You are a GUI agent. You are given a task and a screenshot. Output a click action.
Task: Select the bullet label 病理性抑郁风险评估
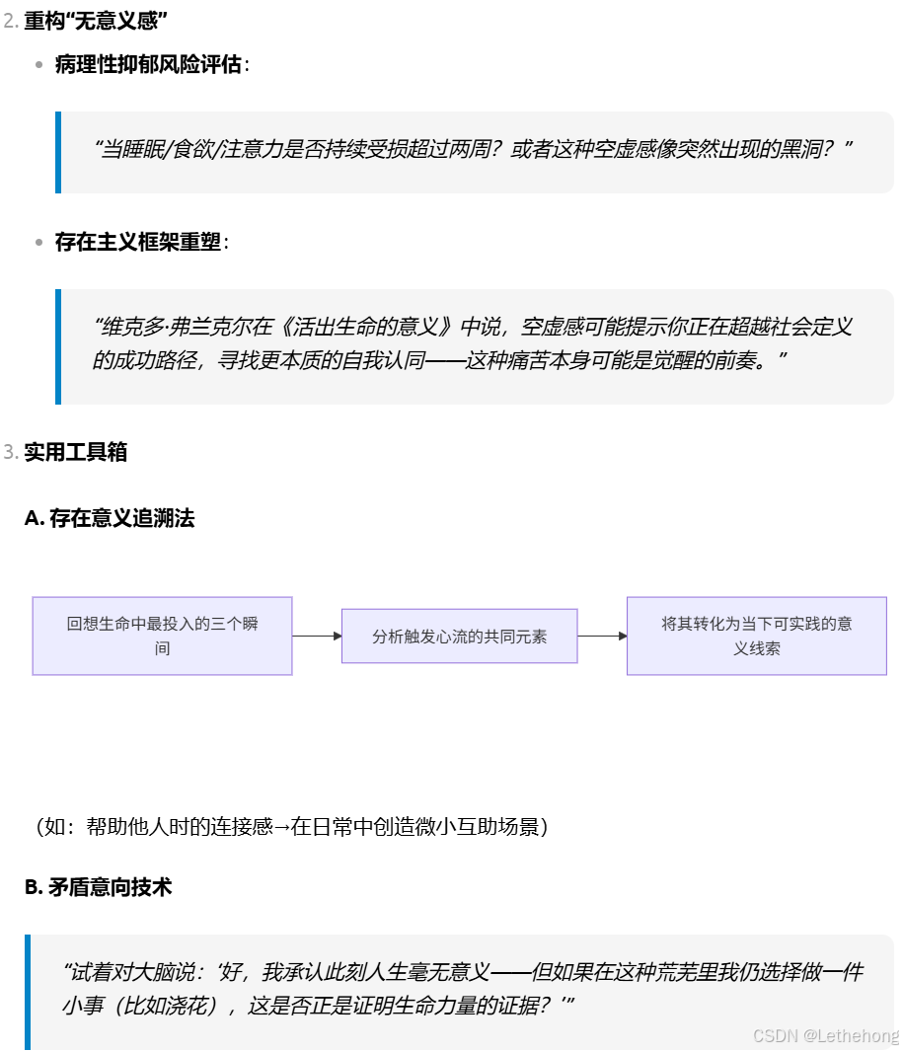148,65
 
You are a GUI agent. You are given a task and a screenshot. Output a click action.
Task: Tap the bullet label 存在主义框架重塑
138,242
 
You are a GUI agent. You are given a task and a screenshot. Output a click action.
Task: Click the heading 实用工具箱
75,452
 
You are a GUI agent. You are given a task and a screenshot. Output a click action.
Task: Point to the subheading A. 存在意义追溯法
109,518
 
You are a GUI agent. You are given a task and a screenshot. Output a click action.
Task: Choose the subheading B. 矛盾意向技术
98,887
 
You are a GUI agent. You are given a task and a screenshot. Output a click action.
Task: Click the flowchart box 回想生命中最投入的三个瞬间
162,636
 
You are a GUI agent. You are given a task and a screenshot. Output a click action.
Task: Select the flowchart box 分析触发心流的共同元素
459,637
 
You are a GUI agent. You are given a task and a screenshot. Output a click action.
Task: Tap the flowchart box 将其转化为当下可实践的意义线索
756,636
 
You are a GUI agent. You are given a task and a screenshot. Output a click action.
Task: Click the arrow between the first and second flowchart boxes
316,637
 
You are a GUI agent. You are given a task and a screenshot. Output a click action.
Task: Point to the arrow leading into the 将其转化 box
602,637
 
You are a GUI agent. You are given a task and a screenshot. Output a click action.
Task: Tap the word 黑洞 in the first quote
800,150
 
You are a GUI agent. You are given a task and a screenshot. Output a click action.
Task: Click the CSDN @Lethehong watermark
825,1035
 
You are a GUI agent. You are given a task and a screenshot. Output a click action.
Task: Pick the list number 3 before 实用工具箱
10,452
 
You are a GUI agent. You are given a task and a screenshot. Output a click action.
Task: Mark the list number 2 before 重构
10,21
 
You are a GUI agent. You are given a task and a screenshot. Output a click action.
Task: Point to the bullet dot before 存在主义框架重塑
39,242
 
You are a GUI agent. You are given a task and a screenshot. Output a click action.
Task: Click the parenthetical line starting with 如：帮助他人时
291,827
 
